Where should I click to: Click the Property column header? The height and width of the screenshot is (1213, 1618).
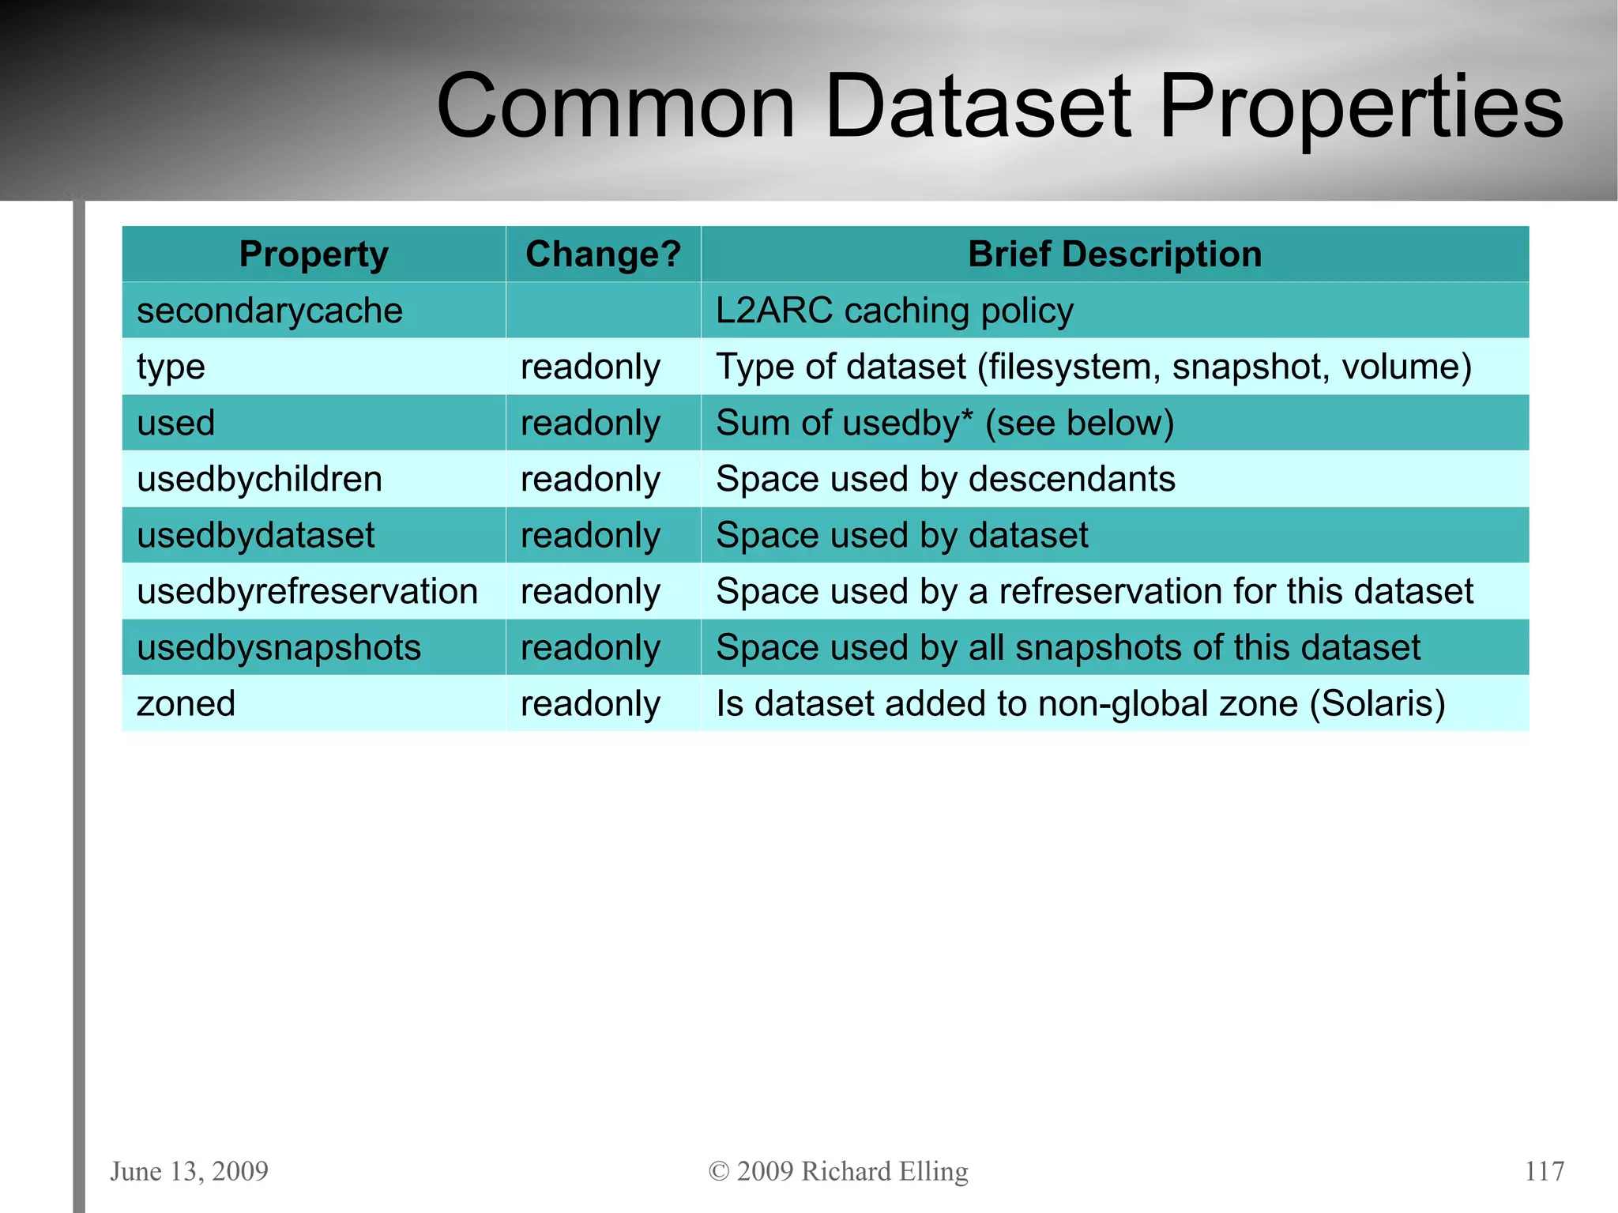[x=314, y=254]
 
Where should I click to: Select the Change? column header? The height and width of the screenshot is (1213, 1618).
[x=603, y=254]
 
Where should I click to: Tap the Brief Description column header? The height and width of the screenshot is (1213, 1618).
[x=1114, y=254]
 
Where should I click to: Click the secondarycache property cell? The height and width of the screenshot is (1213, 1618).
[x=269, y=311]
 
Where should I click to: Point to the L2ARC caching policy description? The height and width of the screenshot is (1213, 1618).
[x=894, y=311]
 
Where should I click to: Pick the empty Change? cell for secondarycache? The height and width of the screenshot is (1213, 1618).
[x=603, y=311]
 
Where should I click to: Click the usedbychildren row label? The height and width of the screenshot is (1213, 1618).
[x=259, y=479]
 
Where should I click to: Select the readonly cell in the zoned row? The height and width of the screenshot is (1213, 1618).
[x=590, y=703]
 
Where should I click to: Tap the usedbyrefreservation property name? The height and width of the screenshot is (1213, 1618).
[x=307, y=591]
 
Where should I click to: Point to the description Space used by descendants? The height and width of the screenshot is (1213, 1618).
[x=945, y=479]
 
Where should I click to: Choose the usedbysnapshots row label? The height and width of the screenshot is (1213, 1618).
[x=279, y=647]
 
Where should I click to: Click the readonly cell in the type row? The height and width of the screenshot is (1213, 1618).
[x=590, y=367]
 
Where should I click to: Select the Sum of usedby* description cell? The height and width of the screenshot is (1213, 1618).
[x=944, y=423]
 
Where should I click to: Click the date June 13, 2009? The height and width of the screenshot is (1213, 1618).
[x=190, y=1171]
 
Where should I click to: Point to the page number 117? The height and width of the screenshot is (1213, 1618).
[x=1544, y=1171]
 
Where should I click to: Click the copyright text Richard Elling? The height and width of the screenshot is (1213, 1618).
[x=884, y=1171]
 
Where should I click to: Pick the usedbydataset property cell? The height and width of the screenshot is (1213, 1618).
[x=255, y=535]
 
